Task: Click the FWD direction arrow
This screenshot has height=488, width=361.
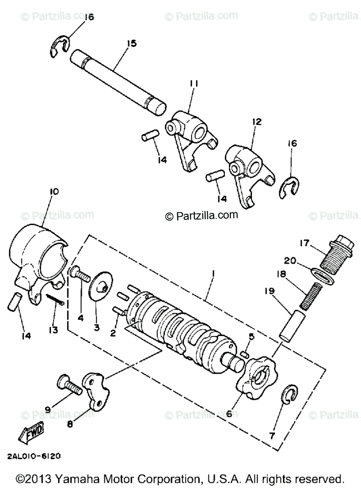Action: [x=31, y=436]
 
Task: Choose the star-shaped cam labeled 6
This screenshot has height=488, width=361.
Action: [x=257, y=375]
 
